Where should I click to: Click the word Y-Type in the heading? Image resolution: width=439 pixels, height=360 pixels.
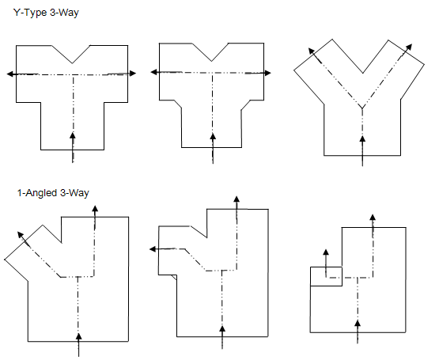pyautogui.click(x=30, y=13)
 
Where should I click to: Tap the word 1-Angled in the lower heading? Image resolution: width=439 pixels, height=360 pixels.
pyautogui.click(x=37, y=193)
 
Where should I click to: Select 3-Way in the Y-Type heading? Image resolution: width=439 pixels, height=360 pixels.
pyautogui.click(x=64, y=13)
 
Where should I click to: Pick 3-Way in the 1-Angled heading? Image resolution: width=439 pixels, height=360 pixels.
pyautogui.click(x=74, y=193)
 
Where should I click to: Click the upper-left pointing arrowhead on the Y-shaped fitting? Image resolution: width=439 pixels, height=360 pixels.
pyautogui.click(x=311, y=51)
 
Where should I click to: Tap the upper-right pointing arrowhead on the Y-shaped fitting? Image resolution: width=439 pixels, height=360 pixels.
pyautogui.click(x=409, y=47)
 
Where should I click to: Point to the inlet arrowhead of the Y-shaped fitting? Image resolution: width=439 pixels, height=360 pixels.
pyautogui.click(x=362, y=139)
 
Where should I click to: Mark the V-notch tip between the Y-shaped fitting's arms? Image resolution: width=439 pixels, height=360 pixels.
pyautogui.click(x=363, y=73)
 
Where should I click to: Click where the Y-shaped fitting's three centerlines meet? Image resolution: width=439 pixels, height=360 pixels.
pyautogui.click(x=362, y=108)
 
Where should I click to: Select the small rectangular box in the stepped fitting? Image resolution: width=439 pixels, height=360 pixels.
pyautogui.click(x=326, y=276)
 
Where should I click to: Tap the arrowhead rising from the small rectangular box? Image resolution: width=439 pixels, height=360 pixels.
pyautogui.click(x=326, y=252)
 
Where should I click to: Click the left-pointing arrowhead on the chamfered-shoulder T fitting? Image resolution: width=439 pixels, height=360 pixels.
pyautogui.click(x=154, y=72)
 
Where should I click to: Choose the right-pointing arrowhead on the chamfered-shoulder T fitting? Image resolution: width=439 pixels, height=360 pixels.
pyautogui.click(x=267, y=73)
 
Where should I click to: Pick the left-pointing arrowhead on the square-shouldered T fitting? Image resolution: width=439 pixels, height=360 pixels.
pyautogui.click(x=10, y=74)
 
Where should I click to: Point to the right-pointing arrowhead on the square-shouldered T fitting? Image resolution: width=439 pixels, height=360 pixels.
pyautogui.click(x=133, y=74)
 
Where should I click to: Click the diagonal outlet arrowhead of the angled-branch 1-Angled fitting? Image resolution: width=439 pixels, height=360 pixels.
pyautogui.click(x=21, y=235)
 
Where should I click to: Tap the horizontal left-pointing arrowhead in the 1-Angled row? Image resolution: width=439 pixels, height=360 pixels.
pyautogui.click(x=153, y=248)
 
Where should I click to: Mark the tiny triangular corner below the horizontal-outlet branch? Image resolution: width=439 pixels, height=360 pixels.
pyautogui.click(x=175, y=277)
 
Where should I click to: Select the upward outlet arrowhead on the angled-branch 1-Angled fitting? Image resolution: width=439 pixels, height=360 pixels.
pyautogui.click(x=95, y=209)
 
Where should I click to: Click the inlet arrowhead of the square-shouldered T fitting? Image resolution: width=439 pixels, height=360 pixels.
pyautogui.click(x=73, y=136)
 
